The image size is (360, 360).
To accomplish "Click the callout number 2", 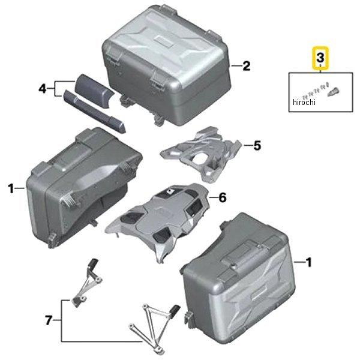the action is (x=247, y=66).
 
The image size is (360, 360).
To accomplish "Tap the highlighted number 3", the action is (x=320, y=58).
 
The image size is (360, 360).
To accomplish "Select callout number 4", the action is (x=43, y=89).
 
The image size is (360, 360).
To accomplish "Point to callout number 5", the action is (x=257, y=145).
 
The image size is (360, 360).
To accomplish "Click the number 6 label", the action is (x=222, y=197).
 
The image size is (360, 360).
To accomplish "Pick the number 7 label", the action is (x=49, y=320).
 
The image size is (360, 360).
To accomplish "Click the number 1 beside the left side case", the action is (x=11, y=188).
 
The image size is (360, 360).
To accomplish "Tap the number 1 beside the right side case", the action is (x=308, y=262).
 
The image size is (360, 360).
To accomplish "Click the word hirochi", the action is (x=304, y=102).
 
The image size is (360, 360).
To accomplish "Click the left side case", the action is (x=84, y=187).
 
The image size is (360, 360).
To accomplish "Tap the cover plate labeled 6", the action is (x=158, y=220).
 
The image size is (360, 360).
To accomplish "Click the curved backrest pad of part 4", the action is (x=94, y=91).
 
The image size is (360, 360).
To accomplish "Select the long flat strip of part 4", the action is (x=94, y=112).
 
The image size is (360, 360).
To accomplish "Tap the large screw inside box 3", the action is (x=334, y=92).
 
